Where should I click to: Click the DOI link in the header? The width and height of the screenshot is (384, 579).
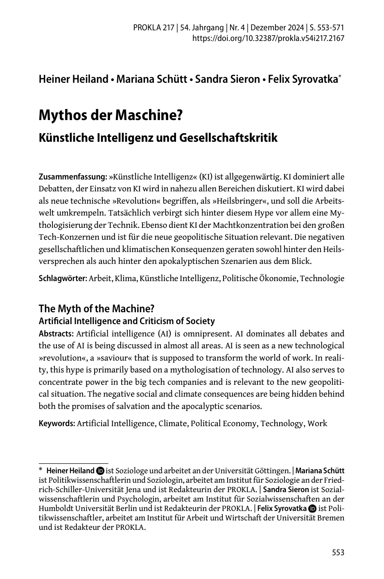[x=268, y=39]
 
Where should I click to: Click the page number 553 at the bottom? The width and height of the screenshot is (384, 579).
[x=338, y=553]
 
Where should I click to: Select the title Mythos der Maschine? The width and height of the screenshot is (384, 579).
[x=110, y=116]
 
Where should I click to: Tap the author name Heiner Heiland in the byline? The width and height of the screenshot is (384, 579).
[x=73, y=79]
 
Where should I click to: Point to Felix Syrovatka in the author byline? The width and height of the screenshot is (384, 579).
[x=303, y=79]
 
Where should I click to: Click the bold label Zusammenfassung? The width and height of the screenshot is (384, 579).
[x=73, y=177]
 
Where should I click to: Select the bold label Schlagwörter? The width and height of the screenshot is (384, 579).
[x=63, y=279]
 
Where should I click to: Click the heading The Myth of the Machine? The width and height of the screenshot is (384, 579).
[x=96, y=309]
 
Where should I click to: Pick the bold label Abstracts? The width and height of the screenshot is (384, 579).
[x=56, y=334]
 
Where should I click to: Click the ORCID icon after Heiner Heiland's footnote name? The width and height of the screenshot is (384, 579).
[x=100, y=471]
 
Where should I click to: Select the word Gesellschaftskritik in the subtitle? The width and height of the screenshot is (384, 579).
[x=228, y=138]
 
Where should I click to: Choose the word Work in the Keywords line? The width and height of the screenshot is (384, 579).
[x=317, y=423]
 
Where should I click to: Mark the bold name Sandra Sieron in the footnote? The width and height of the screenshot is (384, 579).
[x=286, y=490]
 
